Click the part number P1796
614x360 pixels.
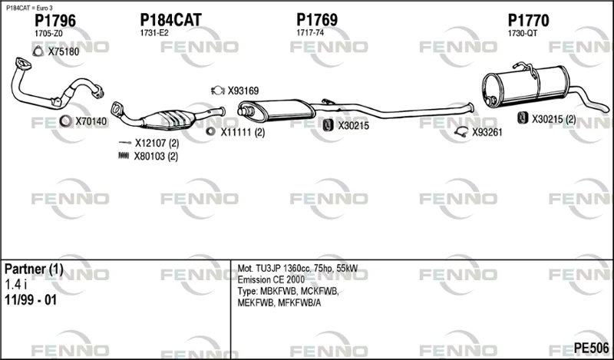click(x=54, y=21)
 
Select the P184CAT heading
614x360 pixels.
click(x=170, y=20)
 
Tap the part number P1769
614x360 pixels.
click(x=317, y=20)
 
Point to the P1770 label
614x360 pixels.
click(x=528, y=21)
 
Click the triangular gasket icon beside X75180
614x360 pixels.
click(x=38, y=51)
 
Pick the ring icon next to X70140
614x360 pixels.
click(x=65, y=121)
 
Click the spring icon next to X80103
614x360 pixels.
click(x=124, y=156)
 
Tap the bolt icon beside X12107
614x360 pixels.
click(x=125, y=142)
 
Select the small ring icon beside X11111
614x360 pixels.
click(x=210, y=131)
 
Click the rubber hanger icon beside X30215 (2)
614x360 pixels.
click(x=523, y=117)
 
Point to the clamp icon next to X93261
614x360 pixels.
click(x=462, y=132)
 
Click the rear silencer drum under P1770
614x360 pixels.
click(x=526, y=86)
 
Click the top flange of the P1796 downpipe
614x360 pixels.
click(x=23, y=64)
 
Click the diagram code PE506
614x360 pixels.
click(x=591, y=348)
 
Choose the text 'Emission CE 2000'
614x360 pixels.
click(x=271, y=279)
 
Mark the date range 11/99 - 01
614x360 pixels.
click(x=31, y=300)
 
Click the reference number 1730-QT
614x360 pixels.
click(x=523, y=34)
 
